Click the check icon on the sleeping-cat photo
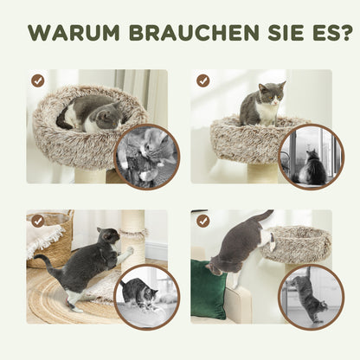tap(38, 80)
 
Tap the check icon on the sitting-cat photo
tap(202, 80)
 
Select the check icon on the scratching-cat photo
tap(38, 221)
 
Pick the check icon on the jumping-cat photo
tap(202, 221)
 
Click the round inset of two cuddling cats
tap(146, 155)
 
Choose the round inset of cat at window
tap(310, 155)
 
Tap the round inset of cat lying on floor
tap(146, 297)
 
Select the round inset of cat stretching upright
tap(310, 297)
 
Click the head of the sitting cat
tap(270, 93)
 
